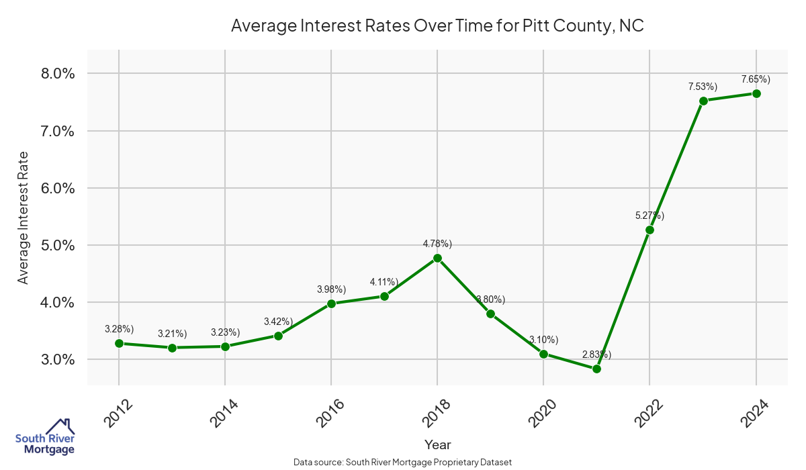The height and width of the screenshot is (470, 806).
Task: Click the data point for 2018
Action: (437, 258)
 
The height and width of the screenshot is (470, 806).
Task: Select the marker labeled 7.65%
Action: (756, 93)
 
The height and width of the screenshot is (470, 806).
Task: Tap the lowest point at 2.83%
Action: (596, 369)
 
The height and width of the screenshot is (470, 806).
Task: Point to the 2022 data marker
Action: (650, 230)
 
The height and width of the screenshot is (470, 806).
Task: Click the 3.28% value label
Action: (120, 328)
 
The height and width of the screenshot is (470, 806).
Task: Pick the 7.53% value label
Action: (703, 87)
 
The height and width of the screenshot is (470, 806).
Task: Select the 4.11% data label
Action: (384, 282)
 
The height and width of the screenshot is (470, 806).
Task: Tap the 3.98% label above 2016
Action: (331, 289)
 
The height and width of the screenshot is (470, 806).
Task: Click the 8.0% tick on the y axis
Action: (56, 73)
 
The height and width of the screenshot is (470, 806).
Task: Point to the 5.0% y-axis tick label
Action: (56, 245)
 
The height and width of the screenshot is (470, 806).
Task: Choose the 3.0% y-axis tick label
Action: (56, 359)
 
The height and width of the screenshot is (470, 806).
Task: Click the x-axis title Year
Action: (437, 444)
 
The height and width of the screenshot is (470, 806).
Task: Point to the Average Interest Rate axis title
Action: (24, 217)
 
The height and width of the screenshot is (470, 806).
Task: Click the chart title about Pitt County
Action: (437, 26)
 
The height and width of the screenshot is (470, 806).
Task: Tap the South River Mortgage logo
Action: (45, 437)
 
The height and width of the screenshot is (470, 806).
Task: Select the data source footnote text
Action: (403, 462)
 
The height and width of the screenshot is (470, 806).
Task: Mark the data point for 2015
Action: (278, 336)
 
